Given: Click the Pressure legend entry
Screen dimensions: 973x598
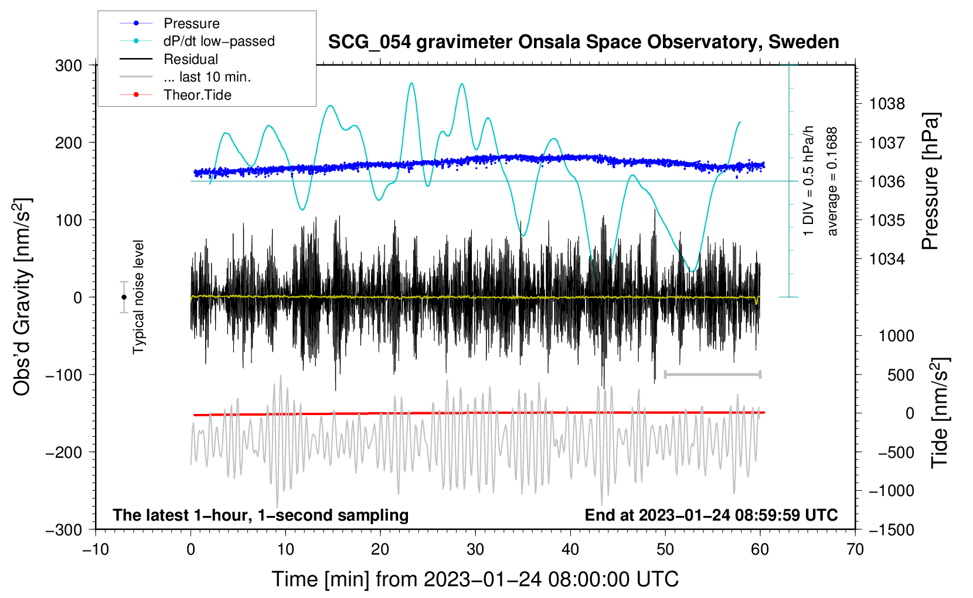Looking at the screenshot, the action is pyautogui.click(x=169, y=23).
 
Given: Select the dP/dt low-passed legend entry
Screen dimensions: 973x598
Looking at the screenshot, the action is pyautogui.click(x=197, y=41).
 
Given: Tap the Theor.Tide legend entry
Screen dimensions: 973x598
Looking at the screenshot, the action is pyautogui.click(x=175, y=95).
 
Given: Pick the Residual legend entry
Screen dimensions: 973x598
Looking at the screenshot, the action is pyautogui.click(x=169, y=59).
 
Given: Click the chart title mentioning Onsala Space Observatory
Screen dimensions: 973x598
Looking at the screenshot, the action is pyautogui.click(x=583, y=42).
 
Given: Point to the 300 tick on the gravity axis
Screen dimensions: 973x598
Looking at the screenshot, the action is pyautogui.click(x=69, y=66).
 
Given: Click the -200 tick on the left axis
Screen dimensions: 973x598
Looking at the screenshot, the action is pyautogui.click(x=64, y=453).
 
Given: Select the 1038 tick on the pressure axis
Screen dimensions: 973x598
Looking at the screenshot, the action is pyautogui.click(x=887, y=104).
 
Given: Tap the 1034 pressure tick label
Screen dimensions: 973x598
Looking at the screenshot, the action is pyautogui.click(x=887, y=259).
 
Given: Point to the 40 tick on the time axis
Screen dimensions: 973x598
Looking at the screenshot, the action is pyautogui.click(x=570, y=550).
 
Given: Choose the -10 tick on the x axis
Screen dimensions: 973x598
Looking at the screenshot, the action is pyautogui.click(x=96, y=550).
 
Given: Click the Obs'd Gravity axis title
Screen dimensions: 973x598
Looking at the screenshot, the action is pyautogui.click(x=22, y=297).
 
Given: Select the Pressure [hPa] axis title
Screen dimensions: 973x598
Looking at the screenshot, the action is pyautogui.click(x=930, y=181).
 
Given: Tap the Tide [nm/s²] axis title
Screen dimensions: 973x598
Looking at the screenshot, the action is pyautogui.click(x=940, y=413).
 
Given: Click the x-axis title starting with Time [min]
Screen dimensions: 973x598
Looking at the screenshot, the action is pyautogui.click(x=475, y=580).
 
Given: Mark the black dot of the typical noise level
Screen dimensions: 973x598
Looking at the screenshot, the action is pyautogui.click(x=124, y=297).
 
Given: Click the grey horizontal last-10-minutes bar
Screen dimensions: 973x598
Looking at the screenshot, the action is pyautogui.click(x=712, y=374).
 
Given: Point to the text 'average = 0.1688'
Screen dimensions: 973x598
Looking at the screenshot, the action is pyautogui.click(x=832, y=182).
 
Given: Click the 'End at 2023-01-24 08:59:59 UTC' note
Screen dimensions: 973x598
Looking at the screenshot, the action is pyautogui.click(x=711, y=515).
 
